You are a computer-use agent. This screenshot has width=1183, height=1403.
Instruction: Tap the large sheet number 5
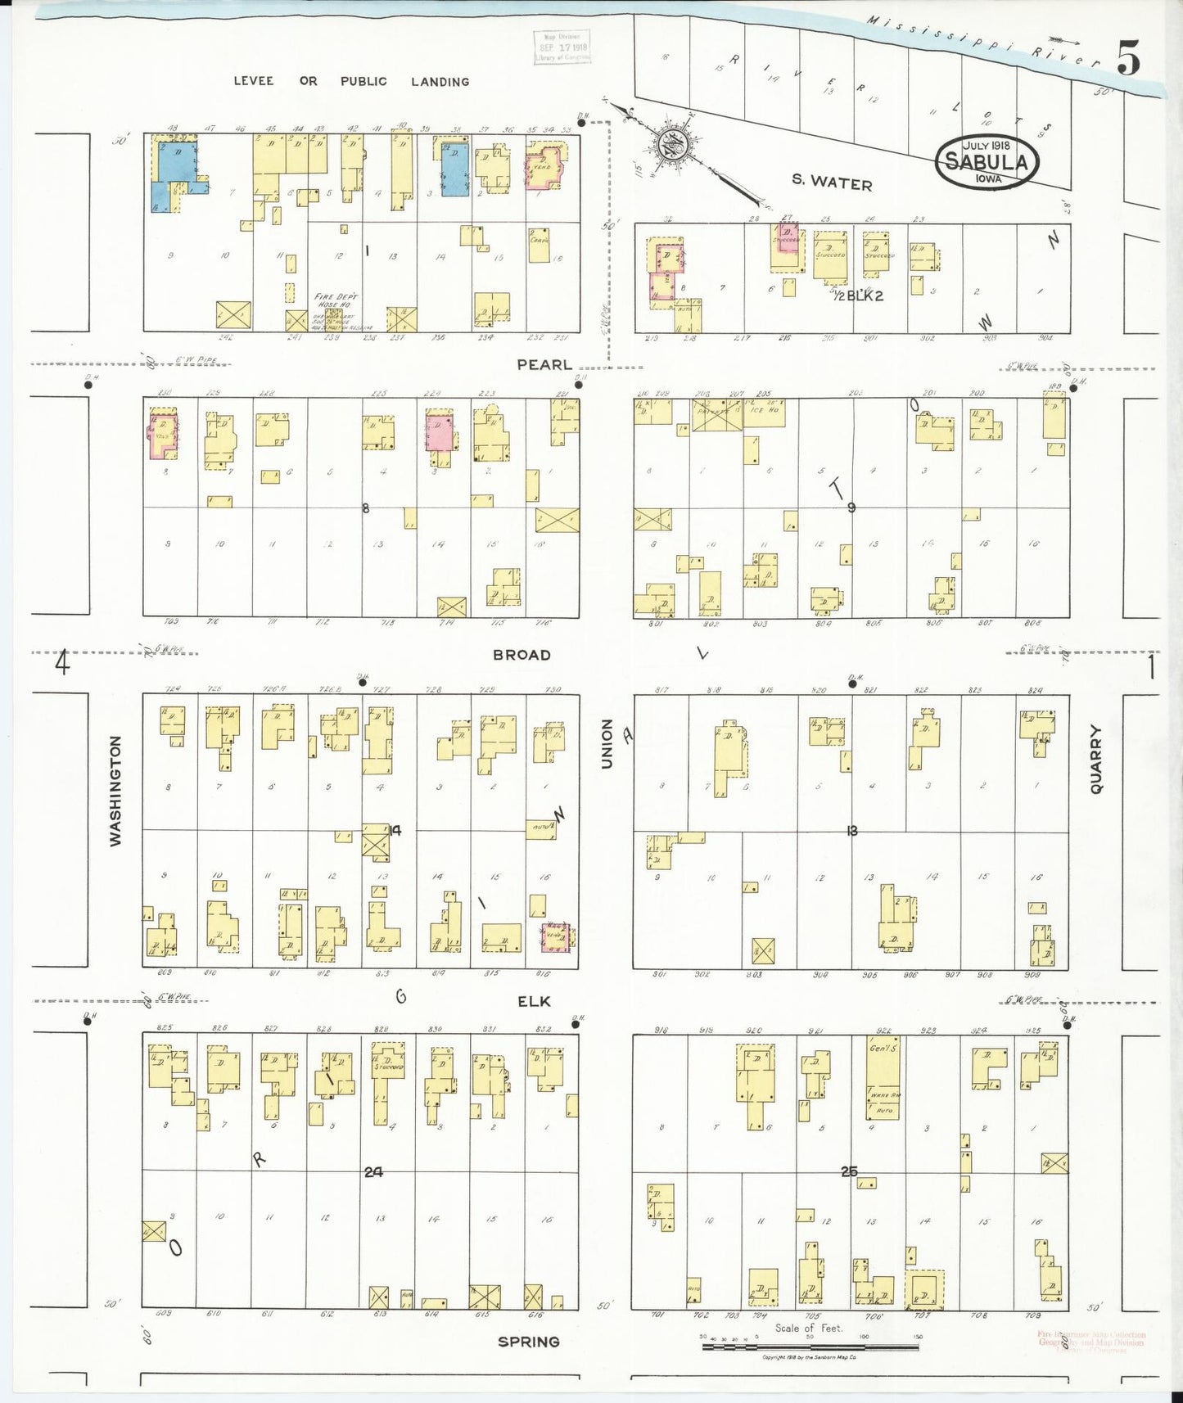coord(1129,57)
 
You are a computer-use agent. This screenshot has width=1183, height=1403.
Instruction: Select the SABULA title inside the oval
coord(987,161)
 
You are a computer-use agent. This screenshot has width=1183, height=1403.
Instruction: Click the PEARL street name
coord(544,365)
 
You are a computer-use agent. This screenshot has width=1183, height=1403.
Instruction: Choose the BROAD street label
coord(522,655)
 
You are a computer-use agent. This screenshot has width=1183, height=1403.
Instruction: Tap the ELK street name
coord(534,1001)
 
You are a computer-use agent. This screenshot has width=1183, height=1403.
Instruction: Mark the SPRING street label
coord(529,1342)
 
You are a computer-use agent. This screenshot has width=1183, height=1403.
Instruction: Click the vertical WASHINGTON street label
coord(115,791)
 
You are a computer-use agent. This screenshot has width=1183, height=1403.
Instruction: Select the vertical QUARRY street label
coord(1096,759)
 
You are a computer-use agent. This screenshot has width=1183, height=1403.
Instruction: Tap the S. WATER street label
coord(832,183)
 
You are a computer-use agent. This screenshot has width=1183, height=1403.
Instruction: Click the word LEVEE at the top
coord(253,81)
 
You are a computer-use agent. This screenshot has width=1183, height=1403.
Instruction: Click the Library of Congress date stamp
coord(562,47)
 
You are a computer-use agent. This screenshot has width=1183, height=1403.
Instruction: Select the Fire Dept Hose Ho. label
coord(336,300)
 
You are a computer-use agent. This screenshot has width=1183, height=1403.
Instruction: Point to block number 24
coord(373,1172)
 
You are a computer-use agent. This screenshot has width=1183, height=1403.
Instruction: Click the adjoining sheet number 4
coord(62,661)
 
